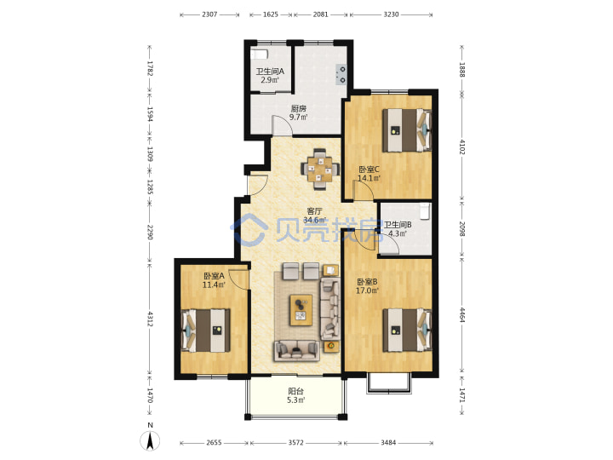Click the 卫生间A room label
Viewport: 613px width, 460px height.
click(x=270, y=76)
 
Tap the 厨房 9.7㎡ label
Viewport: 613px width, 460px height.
click(x=298, y=112)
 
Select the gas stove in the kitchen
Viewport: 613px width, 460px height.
click(x=341, y=74)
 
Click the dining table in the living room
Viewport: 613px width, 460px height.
click(x=320, y=170)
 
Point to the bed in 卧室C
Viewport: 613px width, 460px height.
click(x=407, y=130)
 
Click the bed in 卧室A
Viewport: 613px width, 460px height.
click(x=206, y=331)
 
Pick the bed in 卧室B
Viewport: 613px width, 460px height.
click(x=407, y=331)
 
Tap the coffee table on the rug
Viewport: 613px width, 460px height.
click(x=301, y=310)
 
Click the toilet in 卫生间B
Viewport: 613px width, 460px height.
click(x=425, y=211)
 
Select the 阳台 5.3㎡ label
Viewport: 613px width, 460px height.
click(x=296, y=395)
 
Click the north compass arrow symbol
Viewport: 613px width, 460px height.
click(x=150, y=440)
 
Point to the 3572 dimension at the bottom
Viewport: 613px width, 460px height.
click(x=296, y=443)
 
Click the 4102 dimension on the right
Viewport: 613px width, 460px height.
click(x=462, y=147)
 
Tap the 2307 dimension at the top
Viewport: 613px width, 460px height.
click(x=209, y=14)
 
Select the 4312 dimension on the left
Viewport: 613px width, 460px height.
click(x=150, y=319)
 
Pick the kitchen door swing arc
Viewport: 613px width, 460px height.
click(x=282, y=125)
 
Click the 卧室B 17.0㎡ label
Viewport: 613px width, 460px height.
click(x=367, y=286)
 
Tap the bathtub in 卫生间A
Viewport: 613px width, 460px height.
click(x=259, y=54)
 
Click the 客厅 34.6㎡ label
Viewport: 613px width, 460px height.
click(x=315, y=216)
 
